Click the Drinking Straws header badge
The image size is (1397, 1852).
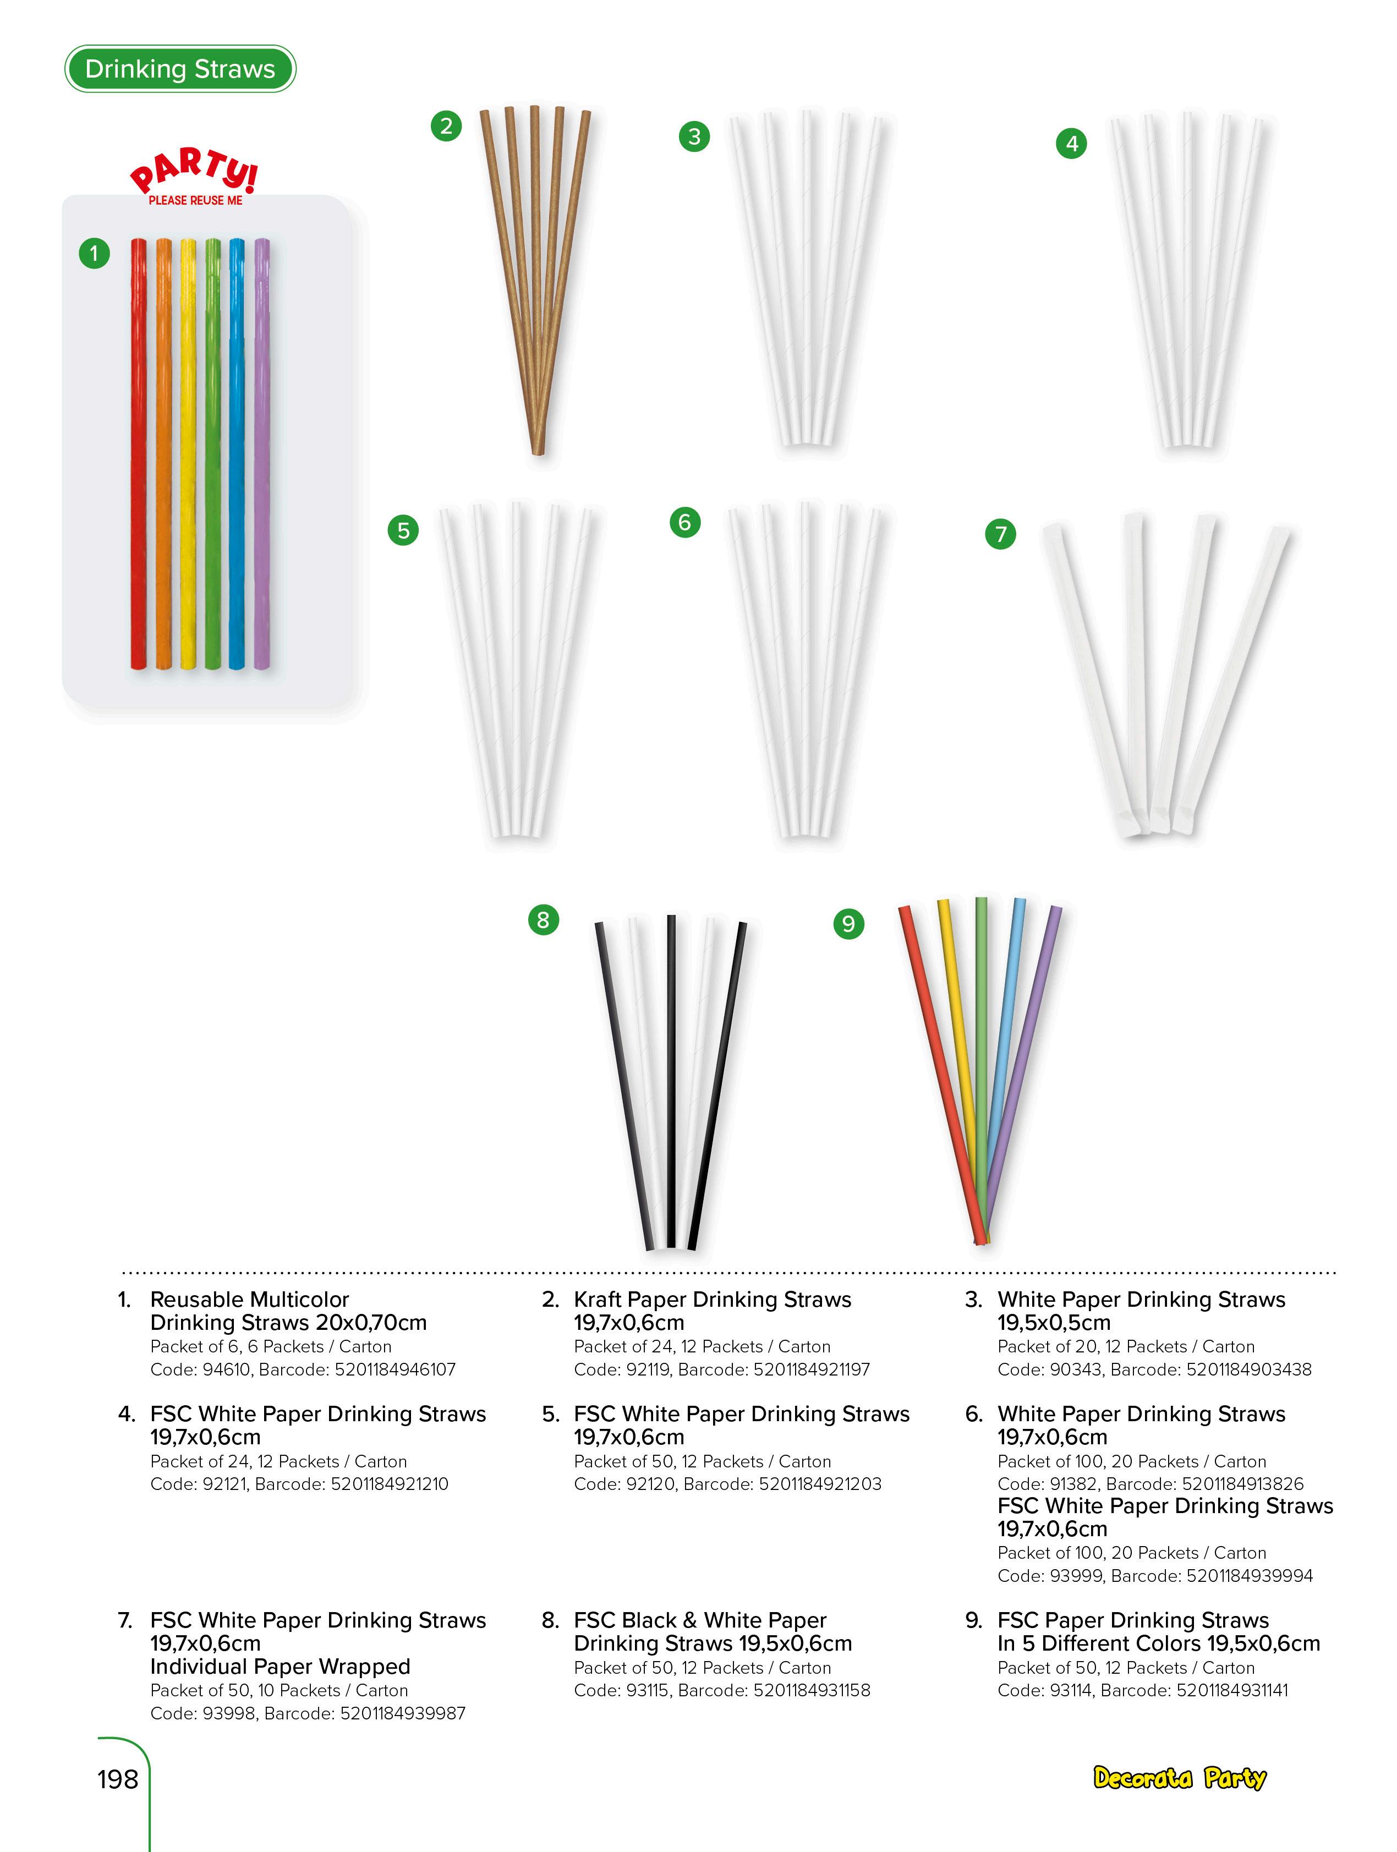[x=180, y=69]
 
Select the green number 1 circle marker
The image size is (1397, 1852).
[x=94, y=253]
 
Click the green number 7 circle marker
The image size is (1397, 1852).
[x=1000, y=533]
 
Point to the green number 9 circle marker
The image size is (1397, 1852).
[x=848, y=923]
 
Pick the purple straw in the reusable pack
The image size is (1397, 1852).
[x=262, y=452]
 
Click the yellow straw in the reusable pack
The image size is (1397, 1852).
[x=188, y=452]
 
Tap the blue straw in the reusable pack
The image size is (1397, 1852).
[x=238, y=452]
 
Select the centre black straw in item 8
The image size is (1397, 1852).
[x=671, y=1080]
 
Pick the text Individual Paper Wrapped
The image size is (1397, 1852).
[x=280, y=1666]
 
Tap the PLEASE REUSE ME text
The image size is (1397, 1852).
[x=195, y=201]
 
